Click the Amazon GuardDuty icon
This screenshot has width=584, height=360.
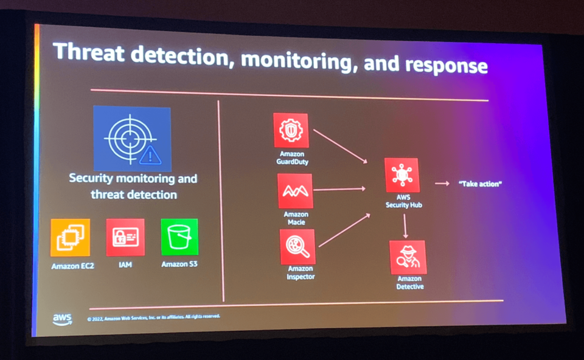291,130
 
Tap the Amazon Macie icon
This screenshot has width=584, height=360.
295,191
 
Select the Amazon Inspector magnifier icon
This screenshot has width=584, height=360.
297,246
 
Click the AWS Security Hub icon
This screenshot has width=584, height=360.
401,175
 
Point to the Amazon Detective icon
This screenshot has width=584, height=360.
408,257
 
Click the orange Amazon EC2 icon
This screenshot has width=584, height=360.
70,237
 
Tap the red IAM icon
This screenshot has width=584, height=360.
125,237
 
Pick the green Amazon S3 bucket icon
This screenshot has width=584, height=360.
179,237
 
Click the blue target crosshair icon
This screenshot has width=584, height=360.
132,139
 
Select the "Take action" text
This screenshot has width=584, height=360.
480,183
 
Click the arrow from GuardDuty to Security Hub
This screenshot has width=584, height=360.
341,146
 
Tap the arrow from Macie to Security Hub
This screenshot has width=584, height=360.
339,189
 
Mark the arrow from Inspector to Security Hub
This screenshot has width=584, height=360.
344,230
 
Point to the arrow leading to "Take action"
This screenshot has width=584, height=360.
442,182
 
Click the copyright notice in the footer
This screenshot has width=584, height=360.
153,317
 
